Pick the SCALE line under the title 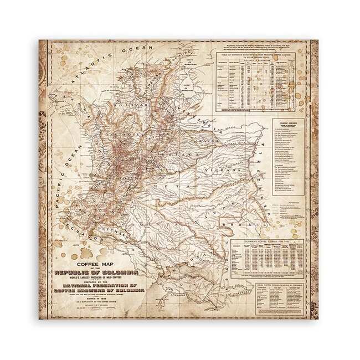[93, 305]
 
